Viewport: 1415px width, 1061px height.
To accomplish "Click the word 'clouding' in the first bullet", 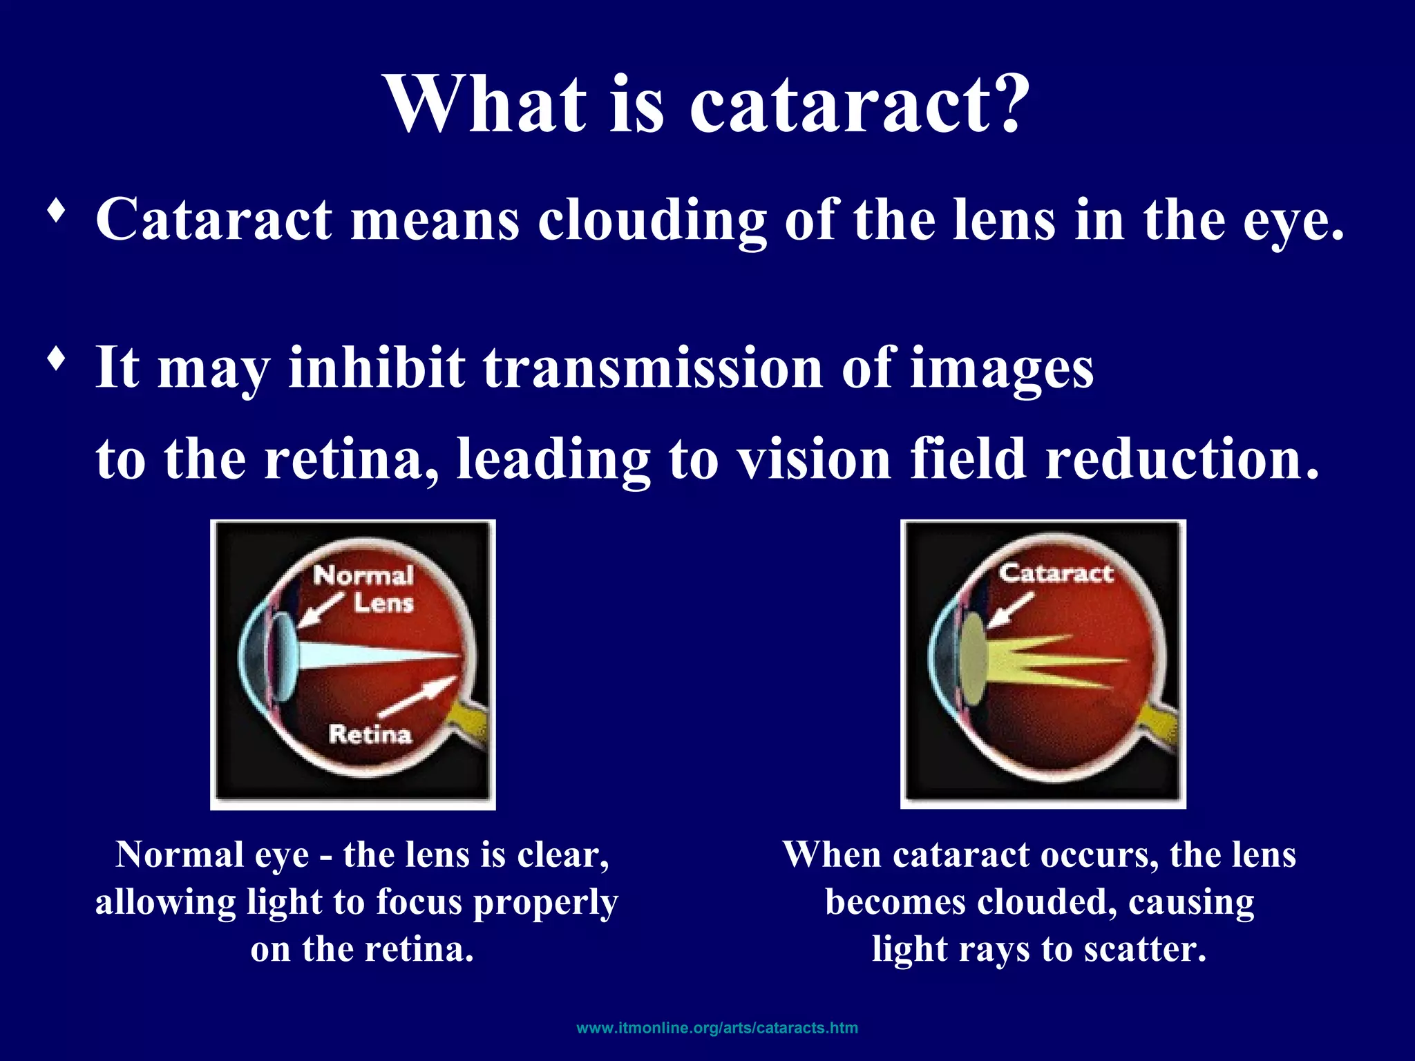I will [652, 220].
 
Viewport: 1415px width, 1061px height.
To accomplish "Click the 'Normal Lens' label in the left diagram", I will [364, 589].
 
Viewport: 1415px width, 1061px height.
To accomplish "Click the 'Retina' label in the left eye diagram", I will [370, 734].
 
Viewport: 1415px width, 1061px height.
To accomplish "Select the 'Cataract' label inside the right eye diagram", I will [1056, 573].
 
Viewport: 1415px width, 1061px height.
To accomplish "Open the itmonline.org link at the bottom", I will [717, 1027].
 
